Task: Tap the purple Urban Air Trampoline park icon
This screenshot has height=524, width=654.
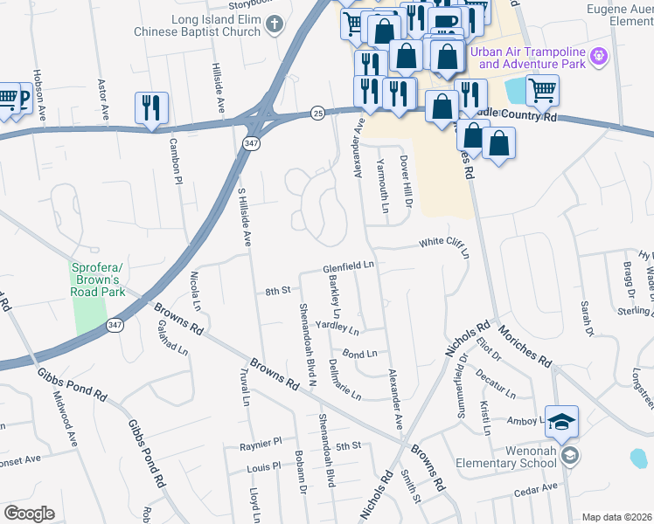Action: (598, 56)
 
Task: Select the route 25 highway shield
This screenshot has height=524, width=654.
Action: (318, 113)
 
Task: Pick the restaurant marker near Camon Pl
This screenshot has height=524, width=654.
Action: (151, 107)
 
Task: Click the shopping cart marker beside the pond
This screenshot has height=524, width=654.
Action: (542, 88)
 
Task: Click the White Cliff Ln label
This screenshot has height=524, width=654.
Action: (443, 246)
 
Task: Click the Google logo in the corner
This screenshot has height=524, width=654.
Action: (29, 514)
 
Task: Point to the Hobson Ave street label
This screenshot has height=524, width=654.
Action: (38, 83)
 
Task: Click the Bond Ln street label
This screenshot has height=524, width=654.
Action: (359, 354)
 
